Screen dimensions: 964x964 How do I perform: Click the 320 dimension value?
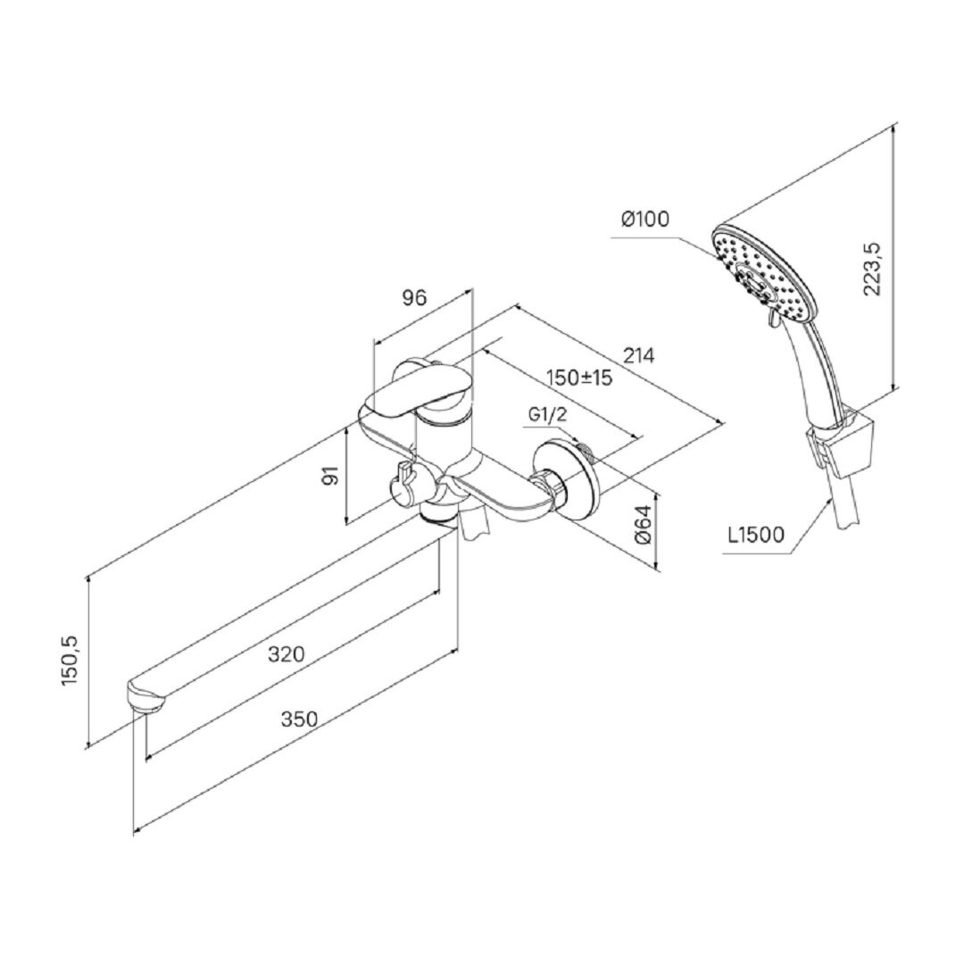point(286,653)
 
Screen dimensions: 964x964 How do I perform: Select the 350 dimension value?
point(299,719)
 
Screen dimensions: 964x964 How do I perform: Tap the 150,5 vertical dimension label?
point(71,661)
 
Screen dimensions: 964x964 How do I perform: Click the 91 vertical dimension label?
point(331,475)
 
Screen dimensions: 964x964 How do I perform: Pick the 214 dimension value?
point(639,355)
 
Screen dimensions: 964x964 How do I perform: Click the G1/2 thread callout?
point(546,415)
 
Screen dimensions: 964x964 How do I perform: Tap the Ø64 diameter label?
point(643,524)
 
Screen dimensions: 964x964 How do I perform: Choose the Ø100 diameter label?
point(645,219)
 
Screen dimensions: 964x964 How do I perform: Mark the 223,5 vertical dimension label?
point(873,268)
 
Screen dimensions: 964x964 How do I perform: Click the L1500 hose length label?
point(756,535)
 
